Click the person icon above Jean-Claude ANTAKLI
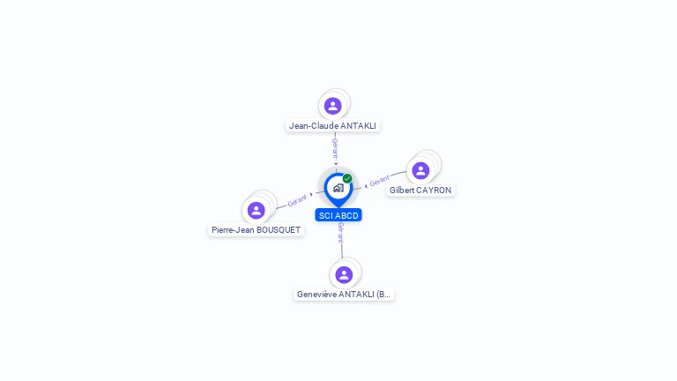pos(332,106)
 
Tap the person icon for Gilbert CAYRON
pos(420,170)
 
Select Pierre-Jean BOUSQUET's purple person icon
pos(257,210)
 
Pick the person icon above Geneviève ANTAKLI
pos(344,274)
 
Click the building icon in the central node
pos(338,188)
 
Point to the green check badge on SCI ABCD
pos(347,178)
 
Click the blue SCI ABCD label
pos(338,215)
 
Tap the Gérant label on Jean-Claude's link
pos(335,147)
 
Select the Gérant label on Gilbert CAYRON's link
pos(380,182)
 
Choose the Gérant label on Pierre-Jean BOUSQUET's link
pos(297,201)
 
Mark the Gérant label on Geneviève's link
pos(340,233)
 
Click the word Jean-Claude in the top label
pos(308,126)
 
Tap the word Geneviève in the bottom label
pos(317,295)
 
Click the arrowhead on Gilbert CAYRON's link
pos(366,186)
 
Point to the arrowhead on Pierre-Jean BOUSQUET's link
pos(311,195)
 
